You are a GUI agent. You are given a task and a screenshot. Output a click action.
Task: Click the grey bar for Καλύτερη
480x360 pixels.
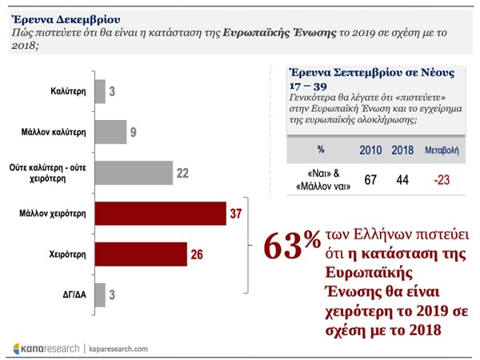99,91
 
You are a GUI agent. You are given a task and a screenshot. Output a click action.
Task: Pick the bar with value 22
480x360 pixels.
133,173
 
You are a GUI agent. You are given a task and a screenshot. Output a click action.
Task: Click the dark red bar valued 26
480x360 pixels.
140,254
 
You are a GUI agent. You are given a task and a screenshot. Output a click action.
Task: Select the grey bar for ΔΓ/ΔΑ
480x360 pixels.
99,295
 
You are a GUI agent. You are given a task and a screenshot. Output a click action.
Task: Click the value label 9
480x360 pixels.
134,132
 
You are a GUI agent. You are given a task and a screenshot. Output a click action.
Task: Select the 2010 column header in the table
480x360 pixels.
370,149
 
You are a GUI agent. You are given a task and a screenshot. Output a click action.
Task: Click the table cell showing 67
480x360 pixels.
370,180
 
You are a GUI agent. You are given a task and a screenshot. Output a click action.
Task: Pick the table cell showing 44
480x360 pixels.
402,180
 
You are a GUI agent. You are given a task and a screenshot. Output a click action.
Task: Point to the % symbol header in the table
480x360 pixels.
321,149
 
